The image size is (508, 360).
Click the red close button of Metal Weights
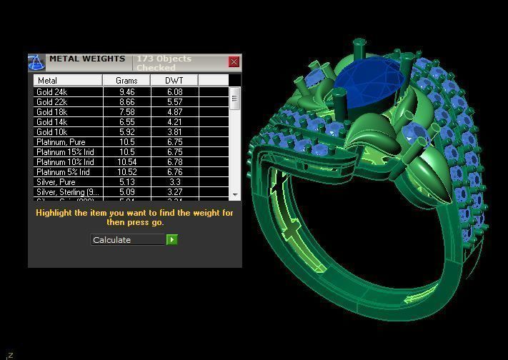coord(234,62)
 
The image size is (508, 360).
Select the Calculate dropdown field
coord(129,240)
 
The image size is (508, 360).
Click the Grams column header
coord(126,81)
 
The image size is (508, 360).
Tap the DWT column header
coord(174,81)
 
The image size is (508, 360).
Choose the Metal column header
coord(68,81)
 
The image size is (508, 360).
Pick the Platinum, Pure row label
coord(60,142)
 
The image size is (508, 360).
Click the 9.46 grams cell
coord(126,92)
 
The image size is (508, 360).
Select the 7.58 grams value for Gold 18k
coord(126,112)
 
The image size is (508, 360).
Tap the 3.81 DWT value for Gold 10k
coord(174,132)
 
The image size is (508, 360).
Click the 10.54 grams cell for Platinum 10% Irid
coord(126,162)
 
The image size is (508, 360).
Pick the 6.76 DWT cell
coord(174,172)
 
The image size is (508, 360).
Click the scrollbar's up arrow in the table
coord(234,91)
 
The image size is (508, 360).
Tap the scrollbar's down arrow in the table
coord(234,195)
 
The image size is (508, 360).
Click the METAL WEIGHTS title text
coord(86,59)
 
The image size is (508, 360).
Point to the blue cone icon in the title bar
coord(36,63)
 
